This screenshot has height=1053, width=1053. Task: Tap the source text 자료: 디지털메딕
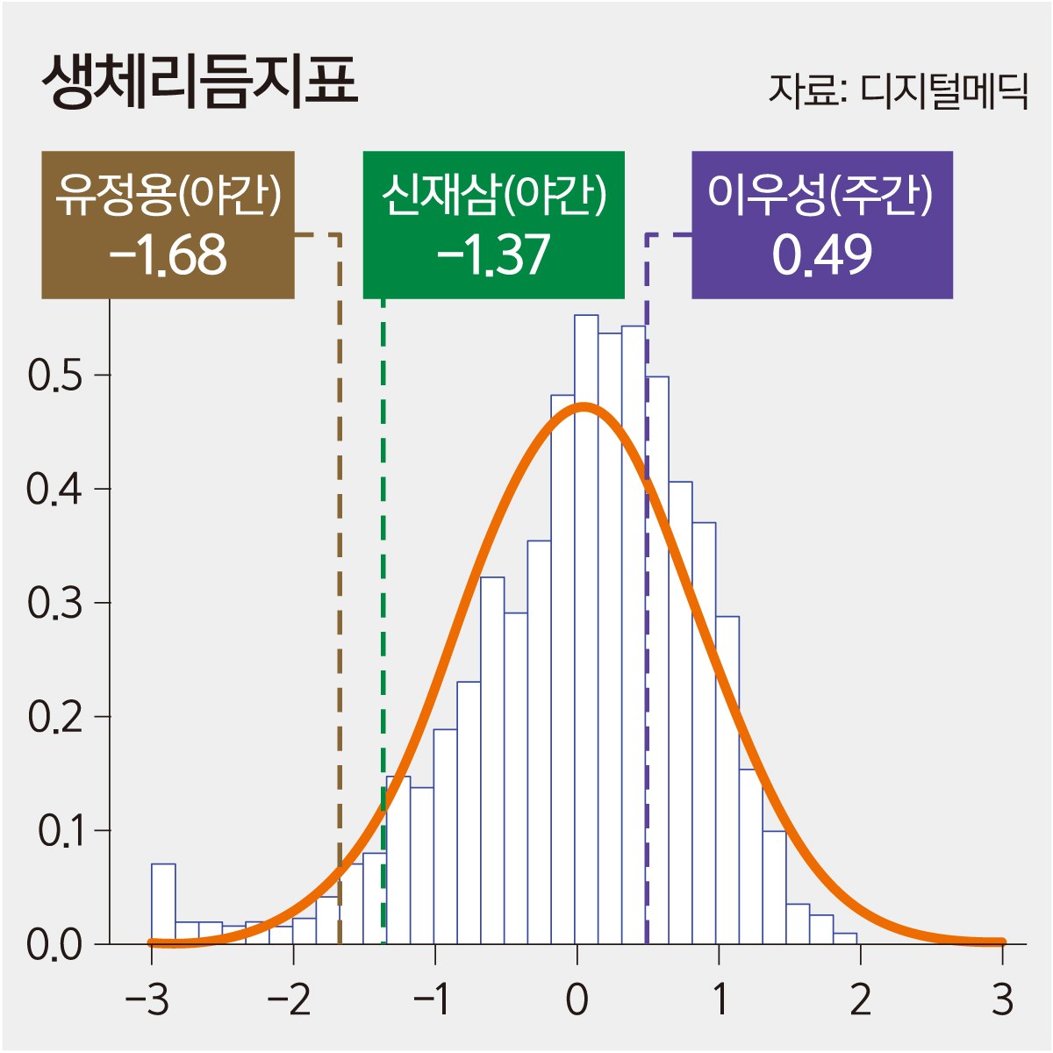click(x=897, y=90)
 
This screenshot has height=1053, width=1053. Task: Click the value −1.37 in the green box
click(x=493, y=254)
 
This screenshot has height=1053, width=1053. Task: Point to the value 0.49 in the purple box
click(x=822, y=254)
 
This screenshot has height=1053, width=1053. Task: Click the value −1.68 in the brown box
click(x=168, y=254)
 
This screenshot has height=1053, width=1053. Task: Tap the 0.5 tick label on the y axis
click(x=55, y=376)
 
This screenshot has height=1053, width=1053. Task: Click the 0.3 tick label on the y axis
click(x=55, y=604)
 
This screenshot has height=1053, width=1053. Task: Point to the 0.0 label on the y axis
click(x=54, y=945)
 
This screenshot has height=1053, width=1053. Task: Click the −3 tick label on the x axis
click(x=147, y=999)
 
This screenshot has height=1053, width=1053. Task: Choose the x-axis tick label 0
click(x=577, y=999)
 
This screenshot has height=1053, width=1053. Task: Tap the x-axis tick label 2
click(x=861, y=999)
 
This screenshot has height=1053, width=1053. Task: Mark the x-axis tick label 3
click(x=1003, y=999)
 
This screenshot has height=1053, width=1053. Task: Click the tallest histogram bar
click(x=586, y=614)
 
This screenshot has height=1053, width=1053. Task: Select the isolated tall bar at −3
click(x=163, y=904)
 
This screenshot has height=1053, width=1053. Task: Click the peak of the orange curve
click(x=584, y=405)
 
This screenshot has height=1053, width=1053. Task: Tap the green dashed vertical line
click(x=383, y=614)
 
